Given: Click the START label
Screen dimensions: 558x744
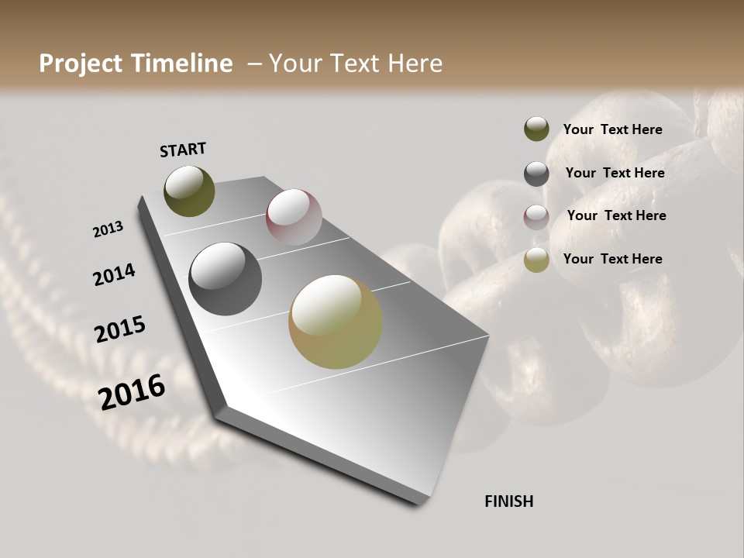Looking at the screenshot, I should tap(183, 150).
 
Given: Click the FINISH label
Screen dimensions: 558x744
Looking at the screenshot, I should tap(508, 501).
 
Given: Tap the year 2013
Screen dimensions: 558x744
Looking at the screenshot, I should tap(108, 229).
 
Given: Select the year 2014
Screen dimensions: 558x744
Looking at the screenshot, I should tap(114, 275).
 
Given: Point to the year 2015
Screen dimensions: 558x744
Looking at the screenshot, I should tap(120, 329).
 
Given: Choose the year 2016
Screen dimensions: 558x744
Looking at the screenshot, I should tap(132, 392).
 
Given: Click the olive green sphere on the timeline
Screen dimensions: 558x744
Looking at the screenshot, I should tap(189, 191).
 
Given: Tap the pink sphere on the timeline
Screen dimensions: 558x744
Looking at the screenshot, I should tap(294, 216).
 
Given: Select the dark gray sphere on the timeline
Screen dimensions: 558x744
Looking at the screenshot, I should tap(225, 279).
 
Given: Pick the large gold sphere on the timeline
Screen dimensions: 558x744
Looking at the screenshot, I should tap(336, 322).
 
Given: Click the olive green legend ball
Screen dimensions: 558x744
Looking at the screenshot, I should tap(536, 129).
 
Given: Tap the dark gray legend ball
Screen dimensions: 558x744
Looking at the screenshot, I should tap(536, 174).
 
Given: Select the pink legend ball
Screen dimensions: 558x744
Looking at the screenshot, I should tap(536, 217).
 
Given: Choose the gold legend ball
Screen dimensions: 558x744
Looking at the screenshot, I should tap(536, 260).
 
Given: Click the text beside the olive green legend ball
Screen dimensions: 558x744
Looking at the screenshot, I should tap(612, 129).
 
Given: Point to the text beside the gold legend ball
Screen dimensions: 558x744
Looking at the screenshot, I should tap(612, 259).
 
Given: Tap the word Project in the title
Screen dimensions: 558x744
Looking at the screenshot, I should tap(81, 64).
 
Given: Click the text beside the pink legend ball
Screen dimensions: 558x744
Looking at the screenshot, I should tap(616, 215).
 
